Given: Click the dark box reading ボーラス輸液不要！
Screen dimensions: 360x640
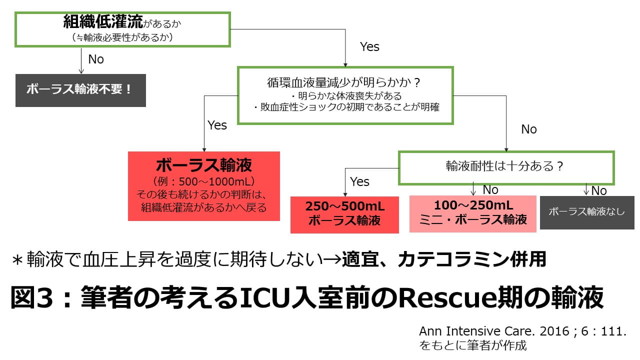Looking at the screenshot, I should [x=80, y=90].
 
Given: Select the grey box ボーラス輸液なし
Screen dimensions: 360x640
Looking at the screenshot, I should [x=587, y=211].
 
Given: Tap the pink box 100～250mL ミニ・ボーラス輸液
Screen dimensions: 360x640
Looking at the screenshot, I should [x=473, y=213].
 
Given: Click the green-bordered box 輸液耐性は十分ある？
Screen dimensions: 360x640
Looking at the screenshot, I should [x=505, y=167].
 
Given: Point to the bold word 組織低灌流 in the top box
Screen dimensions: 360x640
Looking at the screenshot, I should [x=103, y=21].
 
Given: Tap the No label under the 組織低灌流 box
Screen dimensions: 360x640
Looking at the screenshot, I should [x=95, y=59].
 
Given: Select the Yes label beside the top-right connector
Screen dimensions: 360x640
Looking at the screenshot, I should [x=369, y=47].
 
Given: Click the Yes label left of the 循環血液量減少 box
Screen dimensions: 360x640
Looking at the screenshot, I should [x=217, y=125].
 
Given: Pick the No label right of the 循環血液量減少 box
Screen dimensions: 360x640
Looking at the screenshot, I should [x=528, y=129].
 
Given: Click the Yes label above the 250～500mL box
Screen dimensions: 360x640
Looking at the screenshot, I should [x=359, y=181].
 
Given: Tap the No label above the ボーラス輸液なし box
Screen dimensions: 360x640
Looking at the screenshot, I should [x=598, y=190].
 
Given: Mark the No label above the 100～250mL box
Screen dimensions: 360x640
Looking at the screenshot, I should [x=490, y=190].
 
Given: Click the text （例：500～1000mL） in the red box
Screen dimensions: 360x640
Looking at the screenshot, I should [x=203, y=181].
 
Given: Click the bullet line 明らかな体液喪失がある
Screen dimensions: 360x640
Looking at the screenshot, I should [x=345, y=95].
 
